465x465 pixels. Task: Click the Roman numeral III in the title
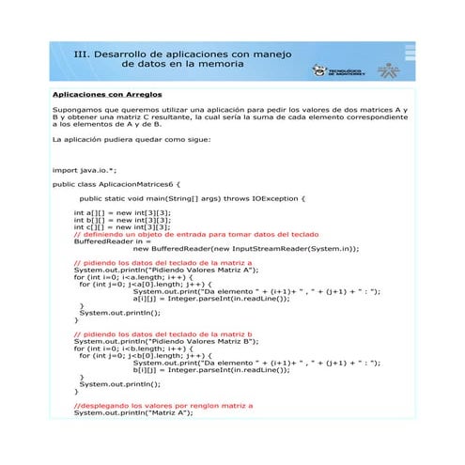click(82, 54)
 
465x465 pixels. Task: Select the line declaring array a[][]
click(122, 212)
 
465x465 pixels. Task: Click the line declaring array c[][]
click(122, 226)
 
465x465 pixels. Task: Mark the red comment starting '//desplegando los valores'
click(163, 406)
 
